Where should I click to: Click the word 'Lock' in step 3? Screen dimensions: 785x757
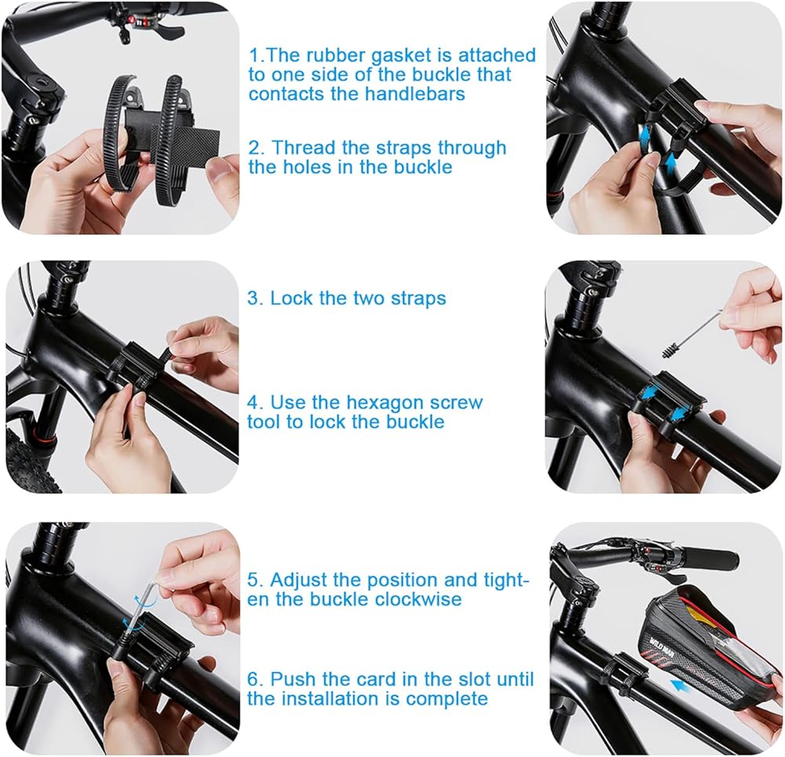click(291, 298)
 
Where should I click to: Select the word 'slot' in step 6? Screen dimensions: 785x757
click(475, 679)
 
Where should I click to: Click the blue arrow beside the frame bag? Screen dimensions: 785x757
click(683, 685)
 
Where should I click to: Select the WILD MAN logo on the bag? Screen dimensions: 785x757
click(663, 642)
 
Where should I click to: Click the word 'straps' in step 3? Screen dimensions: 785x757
click(418, 299)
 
